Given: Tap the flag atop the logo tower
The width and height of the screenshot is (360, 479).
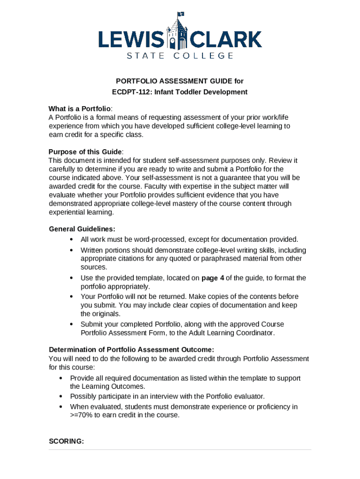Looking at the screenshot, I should tap(180, 15).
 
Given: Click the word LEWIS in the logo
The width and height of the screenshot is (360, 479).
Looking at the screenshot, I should tap(131, 40).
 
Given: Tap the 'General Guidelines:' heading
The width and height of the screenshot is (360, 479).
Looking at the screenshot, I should tap(82, 229).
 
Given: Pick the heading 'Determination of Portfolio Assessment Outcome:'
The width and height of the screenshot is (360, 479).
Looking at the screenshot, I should tap(131, 349).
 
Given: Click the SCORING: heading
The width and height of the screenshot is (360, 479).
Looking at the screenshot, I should tap(66, 441).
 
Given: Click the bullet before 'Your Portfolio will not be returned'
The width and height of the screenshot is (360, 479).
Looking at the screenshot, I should tap(71, 297).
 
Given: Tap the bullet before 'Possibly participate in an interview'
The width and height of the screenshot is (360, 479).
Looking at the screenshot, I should tap(61, 396).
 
